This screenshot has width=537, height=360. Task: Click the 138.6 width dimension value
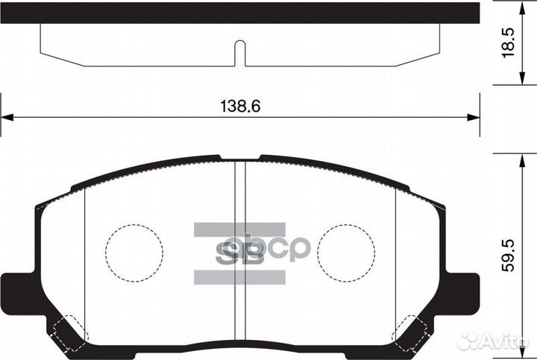click(x=239, y=107)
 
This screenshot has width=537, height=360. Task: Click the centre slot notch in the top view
click(x=239, y=52)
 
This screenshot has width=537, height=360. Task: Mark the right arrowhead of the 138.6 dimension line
click(x=471, y=117)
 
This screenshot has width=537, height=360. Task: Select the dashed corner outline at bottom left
click(x=69, y=332)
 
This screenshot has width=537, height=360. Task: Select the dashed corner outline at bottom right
click(x=410, y=332)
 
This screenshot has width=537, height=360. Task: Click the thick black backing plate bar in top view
click(x=239, y=12)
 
